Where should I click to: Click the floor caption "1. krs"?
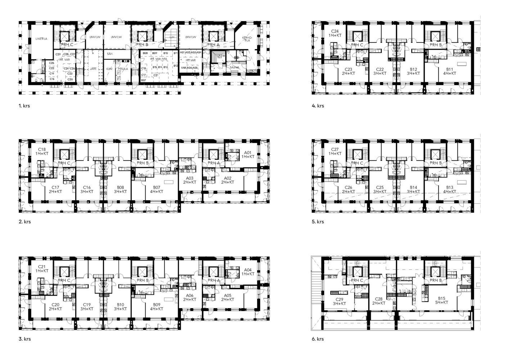click(24, 106)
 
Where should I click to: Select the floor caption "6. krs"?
click(318, 339)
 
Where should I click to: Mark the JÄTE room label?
click(93, 68)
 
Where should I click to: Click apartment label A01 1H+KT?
click(248, 155)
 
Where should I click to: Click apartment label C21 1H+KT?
click(42, 269)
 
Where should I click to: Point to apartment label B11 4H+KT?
click(450, 71)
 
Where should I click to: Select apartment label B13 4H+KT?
click(450, 189)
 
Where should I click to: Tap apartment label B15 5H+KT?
click(442, 300)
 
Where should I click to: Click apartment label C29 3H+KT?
click(339, 302)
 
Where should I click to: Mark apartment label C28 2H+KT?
click(379, 301)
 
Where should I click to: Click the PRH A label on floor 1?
click(213, 45)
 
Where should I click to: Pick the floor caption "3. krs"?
click(24, 339)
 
